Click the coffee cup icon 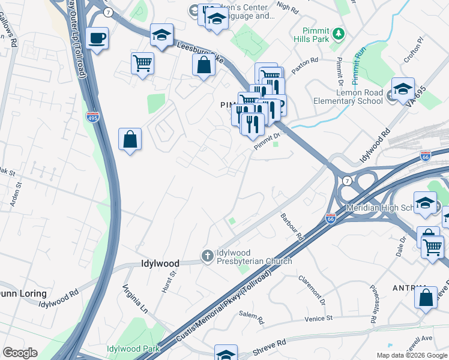tap(97, 39)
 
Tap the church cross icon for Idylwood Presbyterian tap(207, 256)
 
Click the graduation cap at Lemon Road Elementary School tap(403, 91)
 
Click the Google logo tap(20, 353)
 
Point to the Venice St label tap(318, 318)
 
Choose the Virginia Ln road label tap(135, 300)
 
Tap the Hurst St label tap(167, 282)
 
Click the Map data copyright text tap(411, 355)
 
